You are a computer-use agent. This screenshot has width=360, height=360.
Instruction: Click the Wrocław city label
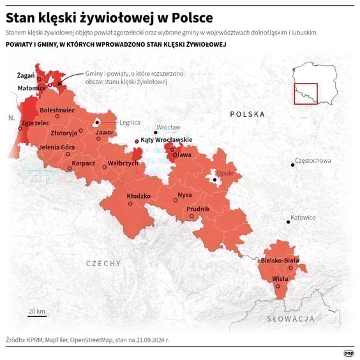tap(169, 127)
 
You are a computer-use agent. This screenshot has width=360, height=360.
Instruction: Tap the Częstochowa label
tap(313, 161)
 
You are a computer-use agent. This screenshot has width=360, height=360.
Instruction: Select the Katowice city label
tap(303, 218)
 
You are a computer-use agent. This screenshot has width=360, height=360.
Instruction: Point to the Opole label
tap(225, 173)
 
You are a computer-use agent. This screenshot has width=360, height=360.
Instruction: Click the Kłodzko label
tap(139, 196)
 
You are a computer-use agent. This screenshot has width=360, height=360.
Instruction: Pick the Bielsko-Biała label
tap(280, 260)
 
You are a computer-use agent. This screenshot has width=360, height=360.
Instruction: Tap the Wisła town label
tap(280, 278)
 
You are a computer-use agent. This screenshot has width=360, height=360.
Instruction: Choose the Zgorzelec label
tap(35, 123)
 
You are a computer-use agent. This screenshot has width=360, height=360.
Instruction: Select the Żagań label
tap(26, 75)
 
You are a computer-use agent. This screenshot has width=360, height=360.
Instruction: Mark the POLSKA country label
tap(247, 114)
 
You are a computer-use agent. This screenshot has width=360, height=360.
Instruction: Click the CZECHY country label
tap(103, 263)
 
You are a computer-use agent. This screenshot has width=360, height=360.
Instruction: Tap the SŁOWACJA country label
tap(291, 318)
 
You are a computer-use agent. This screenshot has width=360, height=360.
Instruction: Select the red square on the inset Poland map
tap(305, 94)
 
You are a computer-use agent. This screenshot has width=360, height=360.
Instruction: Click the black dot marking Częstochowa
tap(292, 165)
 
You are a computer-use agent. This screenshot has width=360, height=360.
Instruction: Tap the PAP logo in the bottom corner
tap(349, 353)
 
